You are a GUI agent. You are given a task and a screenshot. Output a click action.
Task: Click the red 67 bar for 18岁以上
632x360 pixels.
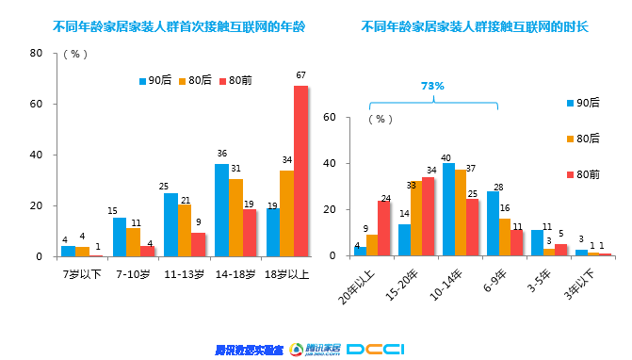tap(300, 172)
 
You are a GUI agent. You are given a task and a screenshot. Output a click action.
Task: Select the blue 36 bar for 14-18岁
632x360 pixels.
tap(221, 210)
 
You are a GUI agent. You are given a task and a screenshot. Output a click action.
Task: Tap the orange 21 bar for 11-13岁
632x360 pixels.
tap(185, 230)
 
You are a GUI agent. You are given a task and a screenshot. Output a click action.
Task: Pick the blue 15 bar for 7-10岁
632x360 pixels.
tap(120, 237)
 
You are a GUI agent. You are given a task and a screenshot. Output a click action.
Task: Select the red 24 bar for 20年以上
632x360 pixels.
tap(384, 228)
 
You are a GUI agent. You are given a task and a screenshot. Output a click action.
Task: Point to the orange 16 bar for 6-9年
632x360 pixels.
tap(505, 237)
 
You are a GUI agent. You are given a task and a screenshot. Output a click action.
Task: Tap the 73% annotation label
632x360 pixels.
tap(431, 86)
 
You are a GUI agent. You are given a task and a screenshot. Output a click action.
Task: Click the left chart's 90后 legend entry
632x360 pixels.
tap(154, 81)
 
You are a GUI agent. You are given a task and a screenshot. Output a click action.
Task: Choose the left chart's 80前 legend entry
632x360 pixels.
tap(235, 81)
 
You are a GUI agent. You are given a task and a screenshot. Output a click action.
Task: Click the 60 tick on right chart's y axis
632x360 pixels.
tap(356, 118)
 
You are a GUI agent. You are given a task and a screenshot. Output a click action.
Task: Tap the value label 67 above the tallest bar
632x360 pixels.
tap(300, 75)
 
